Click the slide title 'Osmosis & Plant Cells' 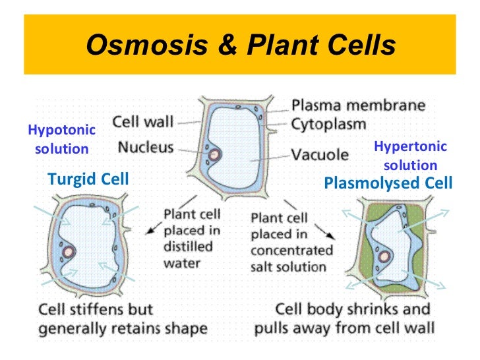point(240,45)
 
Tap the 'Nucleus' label point(146,147)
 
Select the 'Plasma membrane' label point(359,105)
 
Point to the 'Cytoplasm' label point(330,123)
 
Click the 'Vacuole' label point(320,155)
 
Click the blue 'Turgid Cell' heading point(88,179)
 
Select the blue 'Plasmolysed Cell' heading point(388,183)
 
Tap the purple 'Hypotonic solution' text point(61,139)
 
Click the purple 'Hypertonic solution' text point(410,156)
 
